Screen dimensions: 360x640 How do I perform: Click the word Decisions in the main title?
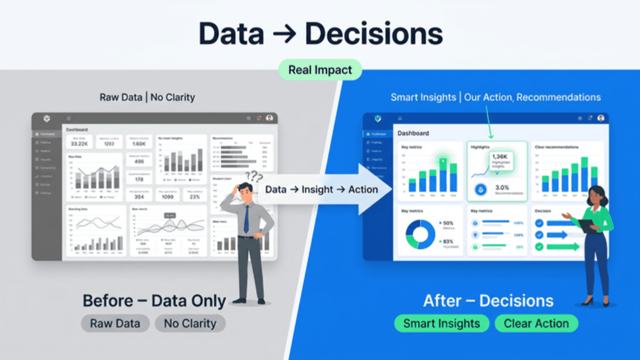[373, 34]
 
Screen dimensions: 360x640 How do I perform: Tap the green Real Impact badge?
[320, 70]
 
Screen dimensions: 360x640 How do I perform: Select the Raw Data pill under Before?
[114, 323]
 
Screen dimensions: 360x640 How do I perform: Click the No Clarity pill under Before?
[190, 323]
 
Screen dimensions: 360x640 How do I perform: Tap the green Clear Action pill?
[536, 323]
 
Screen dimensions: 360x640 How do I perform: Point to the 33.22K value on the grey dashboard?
[79, 144]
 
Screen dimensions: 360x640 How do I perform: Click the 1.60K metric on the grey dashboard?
[139, 144]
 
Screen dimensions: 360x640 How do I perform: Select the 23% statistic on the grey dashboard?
[194, 197]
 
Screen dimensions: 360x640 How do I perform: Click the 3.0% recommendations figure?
[502, 188]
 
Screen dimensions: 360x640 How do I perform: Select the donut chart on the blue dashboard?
[419, 234]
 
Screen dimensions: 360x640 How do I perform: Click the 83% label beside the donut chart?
[448, 241]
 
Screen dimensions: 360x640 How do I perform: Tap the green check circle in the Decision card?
[539, 246]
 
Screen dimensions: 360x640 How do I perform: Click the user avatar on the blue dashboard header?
[600, 118]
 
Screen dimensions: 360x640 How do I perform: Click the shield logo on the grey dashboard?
[46, 118]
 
